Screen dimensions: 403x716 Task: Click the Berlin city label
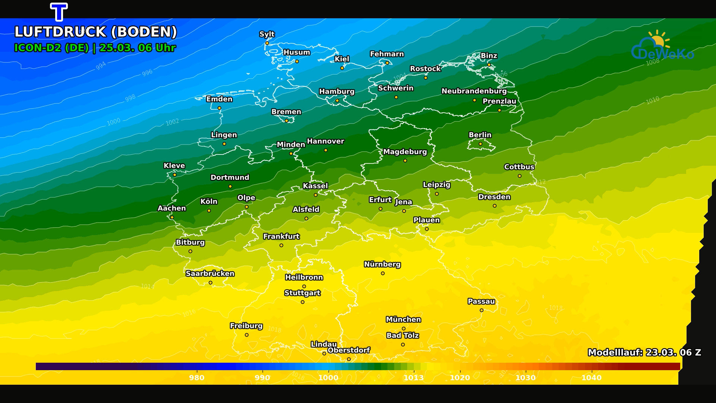[x=480, y=135]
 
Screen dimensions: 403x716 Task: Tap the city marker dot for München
[x=403, y=329]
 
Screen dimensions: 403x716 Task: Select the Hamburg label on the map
[x=337, y=91]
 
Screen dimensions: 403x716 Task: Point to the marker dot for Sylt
[x=267, y=43]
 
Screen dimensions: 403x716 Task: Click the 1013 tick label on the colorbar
[x=414, y=378]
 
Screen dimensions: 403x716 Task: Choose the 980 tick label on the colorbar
[x=197, y=378]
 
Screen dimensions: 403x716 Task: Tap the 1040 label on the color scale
[x=591, y=378]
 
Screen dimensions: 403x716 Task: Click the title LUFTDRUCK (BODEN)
[x=95, y=32]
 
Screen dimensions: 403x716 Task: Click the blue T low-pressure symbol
[x=59, y=12]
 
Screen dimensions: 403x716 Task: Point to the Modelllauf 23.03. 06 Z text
[x=644, y=353]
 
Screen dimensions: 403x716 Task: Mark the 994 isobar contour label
[x=101, y=66]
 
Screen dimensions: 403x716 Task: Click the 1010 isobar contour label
[x=653, y=100]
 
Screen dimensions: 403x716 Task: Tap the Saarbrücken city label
[x=210, y=274]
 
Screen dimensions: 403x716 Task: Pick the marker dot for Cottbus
[x=519, y=176]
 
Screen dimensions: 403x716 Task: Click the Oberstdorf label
[x=349, y=350]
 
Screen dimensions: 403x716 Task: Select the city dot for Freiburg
[x=246, y=335]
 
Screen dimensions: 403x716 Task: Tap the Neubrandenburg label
[x=474, y=91]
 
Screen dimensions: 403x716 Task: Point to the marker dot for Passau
[x=481, y=310]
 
